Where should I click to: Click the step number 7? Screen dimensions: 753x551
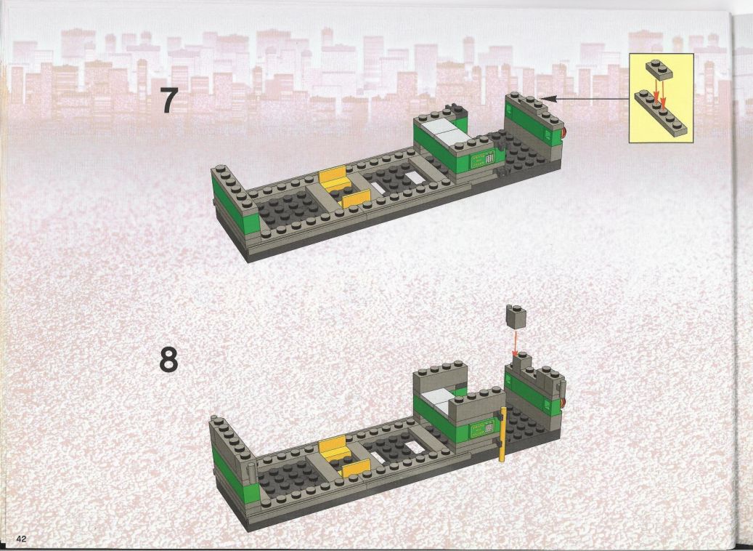point(168,100)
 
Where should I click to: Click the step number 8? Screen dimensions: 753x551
point(168,359)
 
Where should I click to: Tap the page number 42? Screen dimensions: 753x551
point(21,539)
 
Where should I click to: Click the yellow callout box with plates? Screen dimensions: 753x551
point(662,97)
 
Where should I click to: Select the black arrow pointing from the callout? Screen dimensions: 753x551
point(585,99)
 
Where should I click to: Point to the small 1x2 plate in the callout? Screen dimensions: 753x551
point(659,69)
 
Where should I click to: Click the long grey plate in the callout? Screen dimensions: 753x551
point(661,113)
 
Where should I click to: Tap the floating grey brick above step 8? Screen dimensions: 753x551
point(516,317)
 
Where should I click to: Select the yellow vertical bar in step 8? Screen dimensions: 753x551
point(502,434)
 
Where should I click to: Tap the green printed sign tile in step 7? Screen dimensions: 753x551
point(483,158)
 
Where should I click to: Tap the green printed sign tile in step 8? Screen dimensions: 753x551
point(483,427)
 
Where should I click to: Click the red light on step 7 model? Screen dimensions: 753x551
point(563,133)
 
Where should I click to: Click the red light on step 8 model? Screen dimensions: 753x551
point(563,403)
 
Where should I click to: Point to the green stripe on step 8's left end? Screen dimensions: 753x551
point(235,475)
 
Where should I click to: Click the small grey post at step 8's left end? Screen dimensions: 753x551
point(251,474)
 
